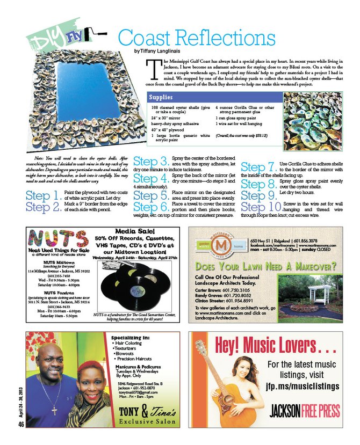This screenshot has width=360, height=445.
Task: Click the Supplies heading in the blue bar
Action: tap(161, 98)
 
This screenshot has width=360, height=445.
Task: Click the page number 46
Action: tap(21, 424)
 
